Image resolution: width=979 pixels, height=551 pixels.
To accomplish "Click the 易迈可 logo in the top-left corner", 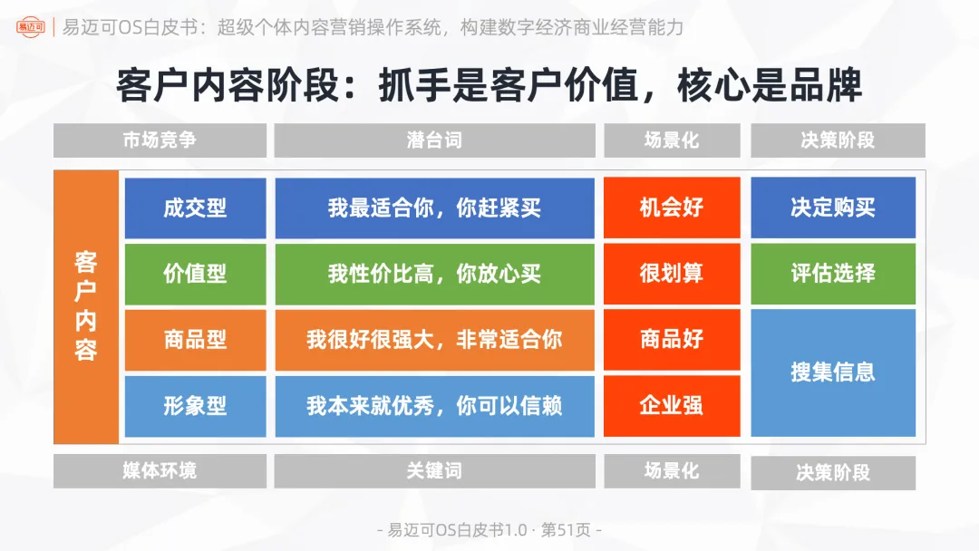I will click(x=30, y=26).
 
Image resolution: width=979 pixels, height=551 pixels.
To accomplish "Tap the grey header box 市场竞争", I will click(x=160, y=140).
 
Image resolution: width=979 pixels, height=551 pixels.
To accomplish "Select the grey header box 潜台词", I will click(x=434, y=140).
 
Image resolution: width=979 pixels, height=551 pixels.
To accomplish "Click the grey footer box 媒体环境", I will click(x=160, y=471).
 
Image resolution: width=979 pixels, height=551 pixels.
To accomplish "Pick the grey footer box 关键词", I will click(x=434, y=471).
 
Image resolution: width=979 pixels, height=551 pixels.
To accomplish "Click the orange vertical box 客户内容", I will click(x=86, y=306).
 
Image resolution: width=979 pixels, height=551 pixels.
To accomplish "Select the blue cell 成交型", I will click(x=195, y=208).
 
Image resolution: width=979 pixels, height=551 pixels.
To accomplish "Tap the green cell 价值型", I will click(x=195, y=274).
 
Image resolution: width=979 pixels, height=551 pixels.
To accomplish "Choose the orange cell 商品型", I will click(x=195, y=340).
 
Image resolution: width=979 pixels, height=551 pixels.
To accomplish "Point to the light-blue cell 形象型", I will click(x=195, y=406).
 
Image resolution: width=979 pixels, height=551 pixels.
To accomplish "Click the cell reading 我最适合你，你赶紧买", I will click(x=434, y=208).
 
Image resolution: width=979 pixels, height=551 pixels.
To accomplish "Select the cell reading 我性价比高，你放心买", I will click(x=434, y=274).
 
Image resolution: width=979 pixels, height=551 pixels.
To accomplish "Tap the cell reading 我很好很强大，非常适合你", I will click(x=434, y=340).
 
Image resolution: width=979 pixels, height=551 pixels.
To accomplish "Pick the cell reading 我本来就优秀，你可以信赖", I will click(x=434, y=406).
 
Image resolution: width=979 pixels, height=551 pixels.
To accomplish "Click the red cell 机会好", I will click(x=672, y=208).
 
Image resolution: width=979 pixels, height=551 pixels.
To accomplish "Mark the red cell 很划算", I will click(x=672, y=274).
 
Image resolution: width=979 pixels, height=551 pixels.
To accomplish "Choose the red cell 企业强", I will click(x=672, y=406).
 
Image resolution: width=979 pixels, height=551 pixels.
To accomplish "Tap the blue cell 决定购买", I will click(x=833, y=208).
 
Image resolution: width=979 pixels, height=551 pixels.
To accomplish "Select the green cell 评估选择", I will click(x=833, y=274).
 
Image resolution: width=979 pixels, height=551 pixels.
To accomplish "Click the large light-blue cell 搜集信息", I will click(x=833, y=372).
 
